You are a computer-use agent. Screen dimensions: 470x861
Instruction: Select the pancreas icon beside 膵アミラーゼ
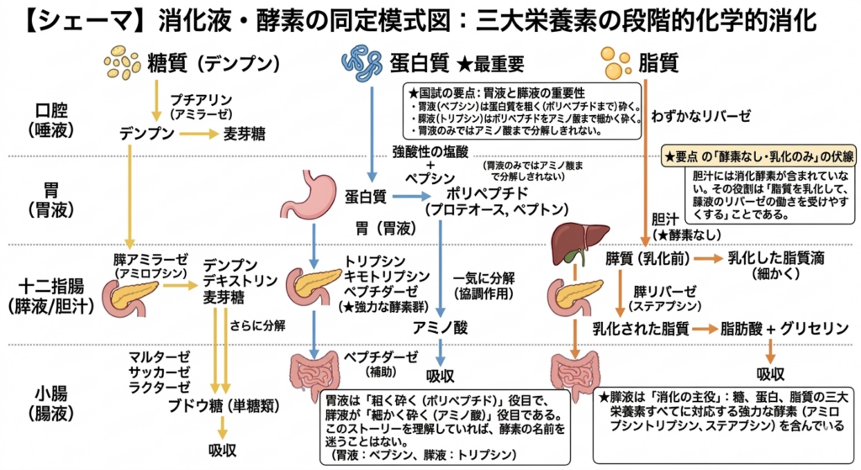129,293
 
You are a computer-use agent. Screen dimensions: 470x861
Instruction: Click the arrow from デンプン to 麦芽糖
194,134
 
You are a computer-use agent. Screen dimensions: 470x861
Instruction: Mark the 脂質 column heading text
658,62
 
